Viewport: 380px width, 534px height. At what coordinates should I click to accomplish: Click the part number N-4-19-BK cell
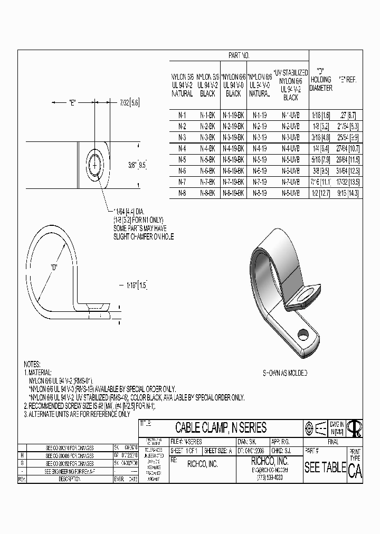(x=233, y=148)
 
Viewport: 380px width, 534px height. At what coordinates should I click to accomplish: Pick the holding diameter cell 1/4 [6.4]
(x=320, y=148)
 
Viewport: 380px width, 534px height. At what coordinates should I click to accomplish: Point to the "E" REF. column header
(x=347, y=80)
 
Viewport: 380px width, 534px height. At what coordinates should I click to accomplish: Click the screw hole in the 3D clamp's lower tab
(x=303, y=333)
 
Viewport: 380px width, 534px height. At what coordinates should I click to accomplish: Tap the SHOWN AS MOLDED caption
(x=285, y=373)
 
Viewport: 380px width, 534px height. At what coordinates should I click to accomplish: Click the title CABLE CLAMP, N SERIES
(x=221, y=428)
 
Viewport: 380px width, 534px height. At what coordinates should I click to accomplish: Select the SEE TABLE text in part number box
(x=325, y=468)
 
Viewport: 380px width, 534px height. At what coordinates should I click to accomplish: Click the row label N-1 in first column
(x=182, y=115)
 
